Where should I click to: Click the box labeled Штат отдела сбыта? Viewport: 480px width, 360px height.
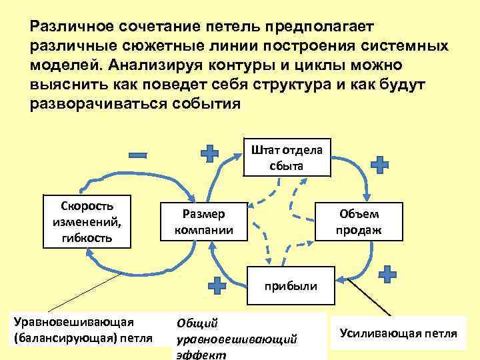coord(287,158)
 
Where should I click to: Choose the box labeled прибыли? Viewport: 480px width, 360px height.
coord(291,286)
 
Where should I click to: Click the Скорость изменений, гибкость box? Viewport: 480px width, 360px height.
coord(87,220)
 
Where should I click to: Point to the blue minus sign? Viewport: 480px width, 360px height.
coord(139,155)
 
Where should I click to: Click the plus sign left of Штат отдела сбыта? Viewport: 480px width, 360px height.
coord(210,154)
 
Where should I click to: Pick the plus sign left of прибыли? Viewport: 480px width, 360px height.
coord(217,285)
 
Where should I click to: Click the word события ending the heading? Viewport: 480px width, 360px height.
coord(208,105)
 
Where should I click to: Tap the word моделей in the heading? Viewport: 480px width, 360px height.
coord(61,67)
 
